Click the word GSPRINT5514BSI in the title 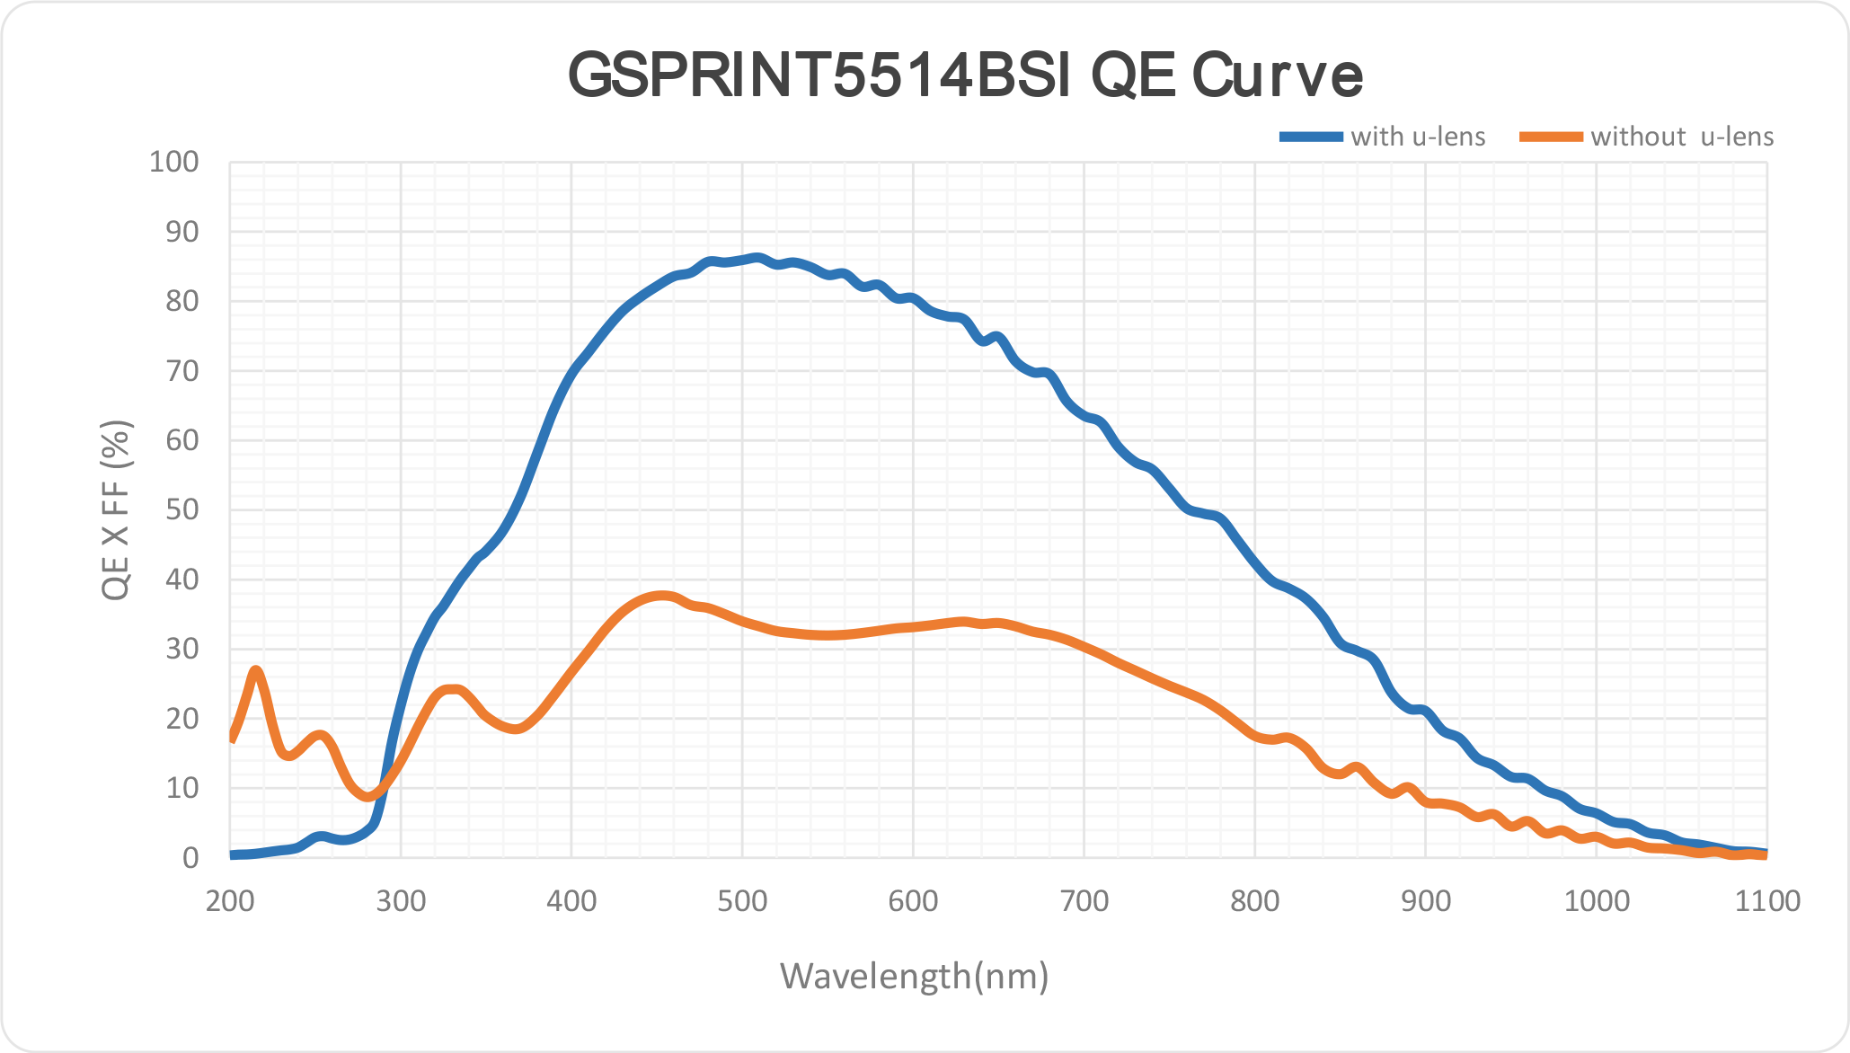click(x=818, y=75)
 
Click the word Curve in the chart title click(x=1277, y=75)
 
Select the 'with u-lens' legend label click(x=1418, y=137)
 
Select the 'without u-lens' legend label click(x=1682, y=137)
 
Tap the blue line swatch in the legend click(x=1312, y=137)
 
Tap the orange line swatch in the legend click(x=1551, y=137)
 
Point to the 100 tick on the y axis click(x=174, y=163)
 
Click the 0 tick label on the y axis click(x=190, y=858)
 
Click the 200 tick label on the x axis click(x=230, y=901)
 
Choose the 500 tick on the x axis click(x=742, y=901)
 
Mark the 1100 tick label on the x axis click(x=1767, y=901)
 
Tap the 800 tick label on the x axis click(x=1255, y=901)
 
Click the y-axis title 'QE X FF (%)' click(x=117, y=509)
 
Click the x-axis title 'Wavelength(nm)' click(x=914, y=976)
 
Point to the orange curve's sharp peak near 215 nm click(x=256, y=670)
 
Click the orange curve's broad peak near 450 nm click(x=662, y=595)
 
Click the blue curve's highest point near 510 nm click(x=757, y=258)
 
